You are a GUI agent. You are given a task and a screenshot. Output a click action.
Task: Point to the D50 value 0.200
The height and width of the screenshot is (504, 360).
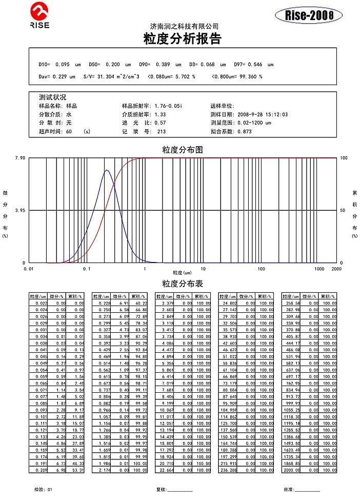click(112, 65)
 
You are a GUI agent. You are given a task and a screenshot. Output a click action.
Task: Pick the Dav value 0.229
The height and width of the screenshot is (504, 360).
click(61, 76)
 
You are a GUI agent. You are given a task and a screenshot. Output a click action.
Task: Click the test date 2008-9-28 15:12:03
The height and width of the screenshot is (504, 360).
click(263, 114)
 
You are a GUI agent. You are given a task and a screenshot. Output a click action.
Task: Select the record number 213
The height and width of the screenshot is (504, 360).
click(162, 131)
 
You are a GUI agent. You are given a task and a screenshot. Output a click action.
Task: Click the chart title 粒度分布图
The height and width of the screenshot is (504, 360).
click(183, 150)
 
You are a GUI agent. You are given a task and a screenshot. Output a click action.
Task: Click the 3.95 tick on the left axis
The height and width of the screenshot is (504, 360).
click(20, 210)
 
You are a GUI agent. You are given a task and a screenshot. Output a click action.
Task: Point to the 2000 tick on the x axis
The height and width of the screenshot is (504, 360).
click(336, 268)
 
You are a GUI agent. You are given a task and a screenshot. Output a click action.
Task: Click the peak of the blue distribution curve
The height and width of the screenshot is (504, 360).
click(106, 170)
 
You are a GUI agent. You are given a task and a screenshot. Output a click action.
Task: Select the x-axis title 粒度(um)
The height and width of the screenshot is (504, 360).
click(182, 272)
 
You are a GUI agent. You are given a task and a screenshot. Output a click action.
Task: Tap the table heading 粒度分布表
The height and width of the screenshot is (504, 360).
click(183, 284)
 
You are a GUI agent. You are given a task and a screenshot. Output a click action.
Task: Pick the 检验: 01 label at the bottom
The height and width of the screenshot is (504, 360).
click(43, 490)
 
